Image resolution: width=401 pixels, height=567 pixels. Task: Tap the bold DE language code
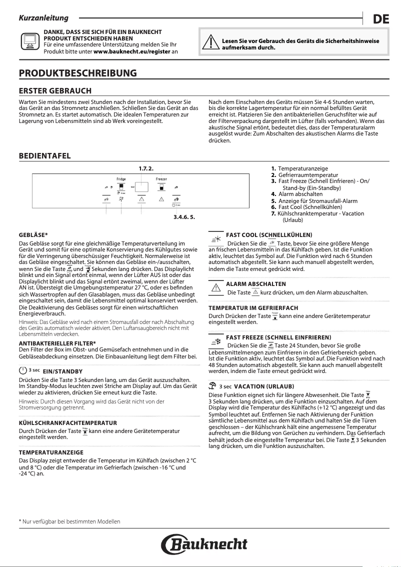[x=381, y=19]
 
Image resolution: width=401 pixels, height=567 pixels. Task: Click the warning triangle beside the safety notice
[x=211, y=43]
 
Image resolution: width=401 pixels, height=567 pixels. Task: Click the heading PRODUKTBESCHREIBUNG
[x=77, y=73]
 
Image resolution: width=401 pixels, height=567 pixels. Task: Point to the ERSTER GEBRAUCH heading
[x=55, y=91]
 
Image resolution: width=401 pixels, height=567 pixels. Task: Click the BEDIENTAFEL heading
[x=44, y=156]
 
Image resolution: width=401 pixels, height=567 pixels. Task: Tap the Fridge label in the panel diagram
[x=121, y=178]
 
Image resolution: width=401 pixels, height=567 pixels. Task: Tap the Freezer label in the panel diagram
[x=161, y=178]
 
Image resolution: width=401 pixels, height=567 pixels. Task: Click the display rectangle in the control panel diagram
[x=141, y=187]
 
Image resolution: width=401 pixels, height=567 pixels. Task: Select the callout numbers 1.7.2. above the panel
[x=145, y=167]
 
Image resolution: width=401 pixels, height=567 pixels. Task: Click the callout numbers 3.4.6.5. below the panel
[x=183, y=217]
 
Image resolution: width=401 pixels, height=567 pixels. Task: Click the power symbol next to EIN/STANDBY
[x=22, y=371]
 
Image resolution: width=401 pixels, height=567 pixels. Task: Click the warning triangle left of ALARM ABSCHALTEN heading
[x=216, y=287]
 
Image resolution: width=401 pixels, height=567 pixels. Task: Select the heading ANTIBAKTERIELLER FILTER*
[x=57, y=343]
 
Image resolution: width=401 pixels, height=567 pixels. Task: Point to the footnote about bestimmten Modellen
[x=69, y=521]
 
